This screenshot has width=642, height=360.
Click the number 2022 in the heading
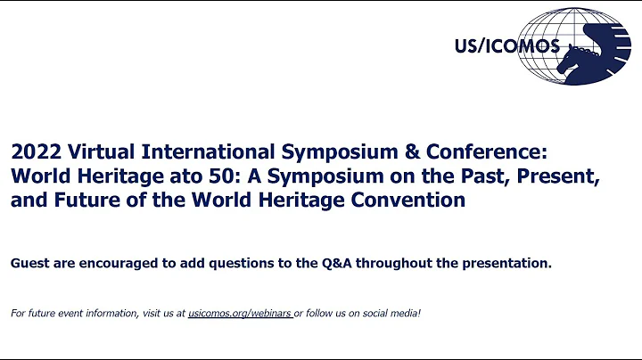[33, 151]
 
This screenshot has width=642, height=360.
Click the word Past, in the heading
[480, 176]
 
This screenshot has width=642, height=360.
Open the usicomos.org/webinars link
[240, 314]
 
